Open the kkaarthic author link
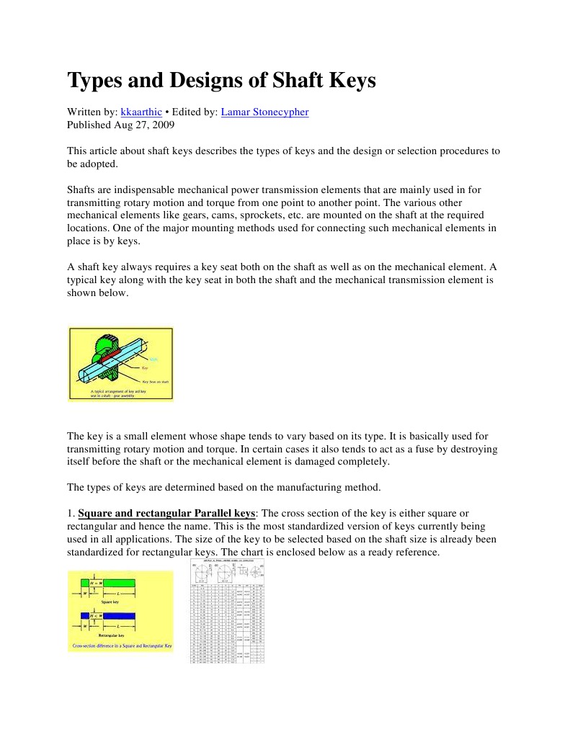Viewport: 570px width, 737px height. point(141,112)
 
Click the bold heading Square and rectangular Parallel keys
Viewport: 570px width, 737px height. point(166,514)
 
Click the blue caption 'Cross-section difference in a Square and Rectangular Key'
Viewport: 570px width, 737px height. point(120,646)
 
